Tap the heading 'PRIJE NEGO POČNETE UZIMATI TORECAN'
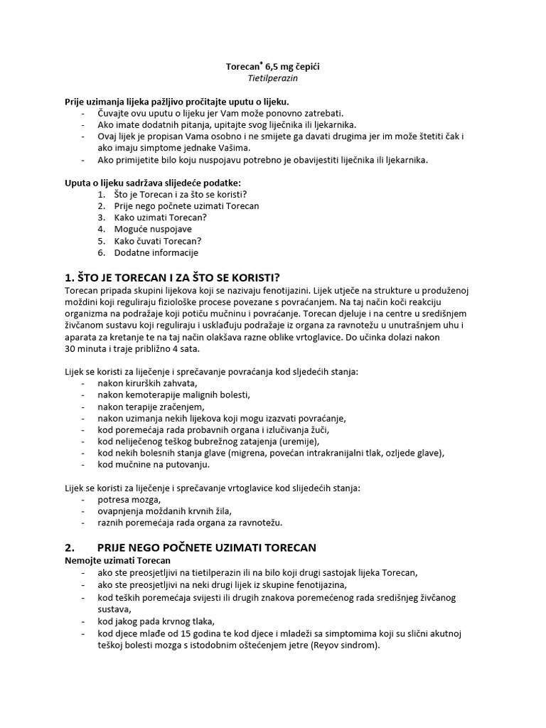click(206, 547)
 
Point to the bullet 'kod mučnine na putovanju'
click(154, 464)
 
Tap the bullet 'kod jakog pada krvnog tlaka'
click(156, 621)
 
